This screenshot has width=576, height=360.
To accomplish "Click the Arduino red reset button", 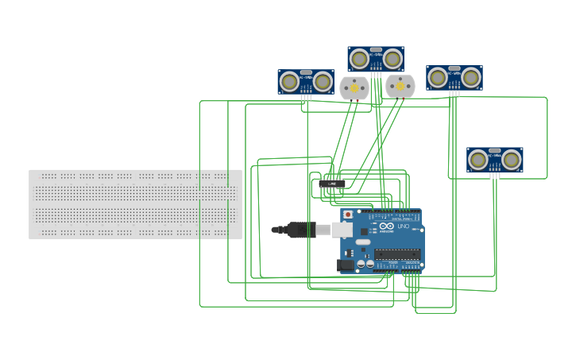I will tap(347, 215).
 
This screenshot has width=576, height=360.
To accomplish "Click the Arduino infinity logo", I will tap(386, 226).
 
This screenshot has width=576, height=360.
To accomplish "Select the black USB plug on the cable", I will tap(300, 230).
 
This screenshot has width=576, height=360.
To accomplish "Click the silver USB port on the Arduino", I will tap(341, 230).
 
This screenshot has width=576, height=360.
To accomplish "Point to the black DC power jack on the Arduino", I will tap(346, 265).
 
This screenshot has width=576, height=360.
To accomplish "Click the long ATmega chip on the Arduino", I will tap(397, 254).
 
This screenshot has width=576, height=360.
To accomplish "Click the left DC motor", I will tap(354, 87).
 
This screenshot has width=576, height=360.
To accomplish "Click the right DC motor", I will tap(400, 86).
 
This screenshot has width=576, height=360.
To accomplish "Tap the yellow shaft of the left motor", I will tap(354, 87).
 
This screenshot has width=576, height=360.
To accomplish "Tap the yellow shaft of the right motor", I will tap(400, 85).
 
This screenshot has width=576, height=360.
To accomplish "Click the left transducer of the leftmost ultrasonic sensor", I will tap(290, 81).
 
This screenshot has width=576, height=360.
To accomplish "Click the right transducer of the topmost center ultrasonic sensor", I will tap(392, 58).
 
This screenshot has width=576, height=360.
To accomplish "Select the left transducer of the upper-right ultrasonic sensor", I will tap(438, 77).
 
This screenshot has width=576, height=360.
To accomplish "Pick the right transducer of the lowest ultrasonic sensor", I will tap(512, 160).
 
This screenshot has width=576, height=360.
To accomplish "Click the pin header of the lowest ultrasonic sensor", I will tap(494, 174).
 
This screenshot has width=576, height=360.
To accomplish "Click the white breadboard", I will tap(135, 204).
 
